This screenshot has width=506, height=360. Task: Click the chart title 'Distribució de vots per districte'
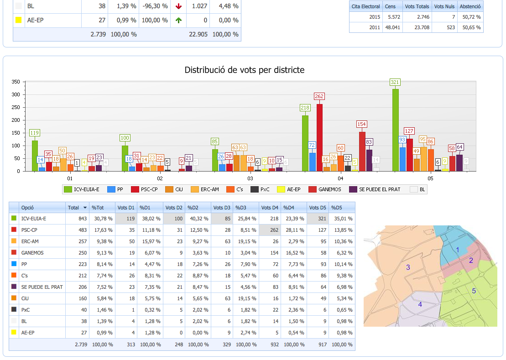tap(245, 70)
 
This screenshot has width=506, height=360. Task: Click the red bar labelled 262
tap(319, 137)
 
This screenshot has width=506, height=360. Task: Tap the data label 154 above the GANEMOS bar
tap(362, 124)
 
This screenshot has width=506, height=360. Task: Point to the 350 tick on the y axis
tap(16, 82)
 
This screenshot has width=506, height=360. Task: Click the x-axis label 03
tap(250, 178)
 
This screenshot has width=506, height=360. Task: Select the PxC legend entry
tap(261, 189)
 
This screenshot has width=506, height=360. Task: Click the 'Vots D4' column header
tap(269, 208)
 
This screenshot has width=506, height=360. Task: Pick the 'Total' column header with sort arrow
tap(76, 208)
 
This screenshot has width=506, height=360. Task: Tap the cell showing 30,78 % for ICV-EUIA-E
tap(102, 219)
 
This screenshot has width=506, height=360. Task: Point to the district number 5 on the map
tap(474, 291)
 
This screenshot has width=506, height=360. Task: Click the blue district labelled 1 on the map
tap(457, 249)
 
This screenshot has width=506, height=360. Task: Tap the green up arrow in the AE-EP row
tap(178, 20)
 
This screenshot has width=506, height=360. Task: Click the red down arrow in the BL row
tap(178, 6)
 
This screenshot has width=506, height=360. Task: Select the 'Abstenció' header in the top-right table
tap(470, 6)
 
